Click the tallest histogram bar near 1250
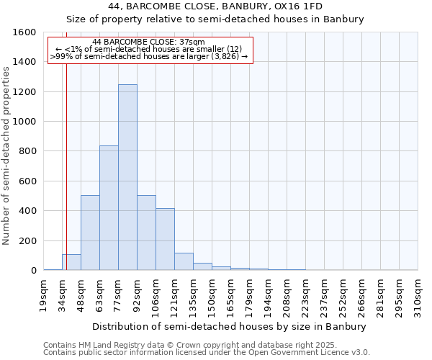coord(127,177)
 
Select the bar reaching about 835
coord(109,208)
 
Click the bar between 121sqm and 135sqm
coord(184,261)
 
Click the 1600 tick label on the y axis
coord(24,32)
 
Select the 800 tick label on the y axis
coord(27,151)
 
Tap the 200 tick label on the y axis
coord(27,240)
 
